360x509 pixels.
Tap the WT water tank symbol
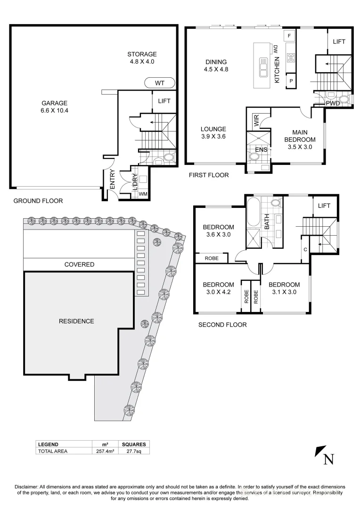pos(160,83)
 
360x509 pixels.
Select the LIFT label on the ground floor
pos(164,101)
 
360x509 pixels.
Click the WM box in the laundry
pos(142,194)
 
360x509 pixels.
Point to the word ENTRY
pos(112,180)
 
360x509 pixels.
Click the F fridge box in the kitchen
pos(289,36)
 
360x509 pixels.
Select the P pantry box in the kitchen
pos(291,81)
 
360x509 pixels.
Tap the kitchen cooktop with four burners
pos(290,58)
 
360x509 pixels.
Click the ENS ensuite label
pos(261,150)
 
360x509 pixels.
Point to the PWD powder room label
pos(333,103)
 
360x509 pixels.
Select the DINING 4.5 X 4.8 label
pos(216,66)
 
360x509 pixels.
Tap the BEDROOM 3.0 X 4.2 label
pos(218,288)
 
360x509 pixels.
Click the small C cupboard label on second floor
pos(305,249)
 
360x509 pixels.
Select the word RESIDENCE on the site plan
pos(76,321)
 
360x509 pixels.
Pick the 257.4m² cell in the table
pos(105,451)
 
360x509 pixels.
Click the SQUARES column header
pos(134,444)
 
